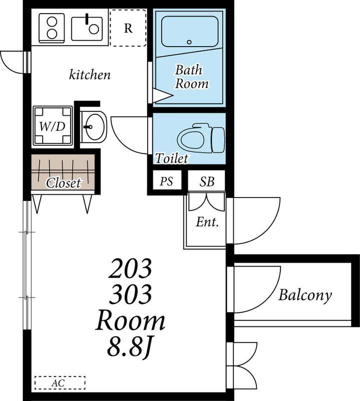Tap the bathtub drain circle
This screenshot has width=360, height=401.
click(189, 42)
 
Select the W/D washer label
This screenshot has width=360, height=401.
click(53, 126)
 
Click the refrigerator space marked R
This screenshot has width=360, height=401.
click(128, 28)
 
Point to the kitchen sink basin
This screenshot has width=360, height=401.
click(87, 29)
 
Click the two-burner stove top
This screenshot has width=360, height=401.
click(52, 28)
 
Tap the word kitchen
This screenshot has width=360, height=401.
click(90, 75)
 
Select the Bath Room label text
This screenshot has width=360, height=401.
click(191, 77)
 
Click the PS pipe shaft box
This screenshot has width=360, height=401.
click(167, 181)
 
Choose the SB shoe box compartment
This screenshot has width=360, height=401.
click(207, 181)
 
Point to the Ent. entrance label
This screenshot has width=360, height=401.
click(207, 222)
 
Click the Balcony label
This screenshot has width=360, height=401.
click(305, 295)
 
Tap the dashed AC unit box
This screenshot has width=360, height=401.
click(60, 383)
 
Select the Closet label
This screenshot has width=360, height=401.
click(64, 182)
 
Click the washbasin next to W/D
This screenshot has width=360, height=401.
click(94, 127)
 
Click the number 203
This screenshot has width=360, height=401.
click(130, 268)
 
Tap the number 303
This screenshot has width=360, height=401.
click(130, 294)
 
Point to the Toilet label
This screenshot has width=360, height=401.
click(172, 158)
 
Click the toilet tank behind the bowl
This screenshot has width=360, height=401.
click(218, 140)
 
